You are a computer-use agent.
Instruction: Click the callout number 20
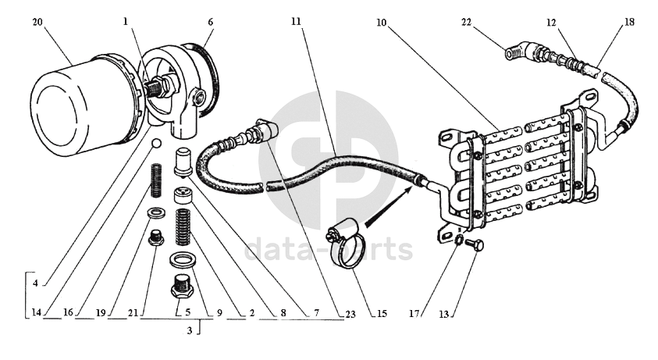37,22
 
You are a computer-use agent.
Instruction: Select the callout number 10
380,22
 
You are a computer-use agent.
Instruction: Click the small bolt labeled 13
475,246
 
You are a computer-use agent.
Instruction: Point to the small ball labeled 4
156,144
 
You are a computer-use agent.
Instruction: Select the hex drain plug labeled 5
182,289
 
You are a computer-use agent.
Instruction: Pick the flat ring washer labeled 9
182,260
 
